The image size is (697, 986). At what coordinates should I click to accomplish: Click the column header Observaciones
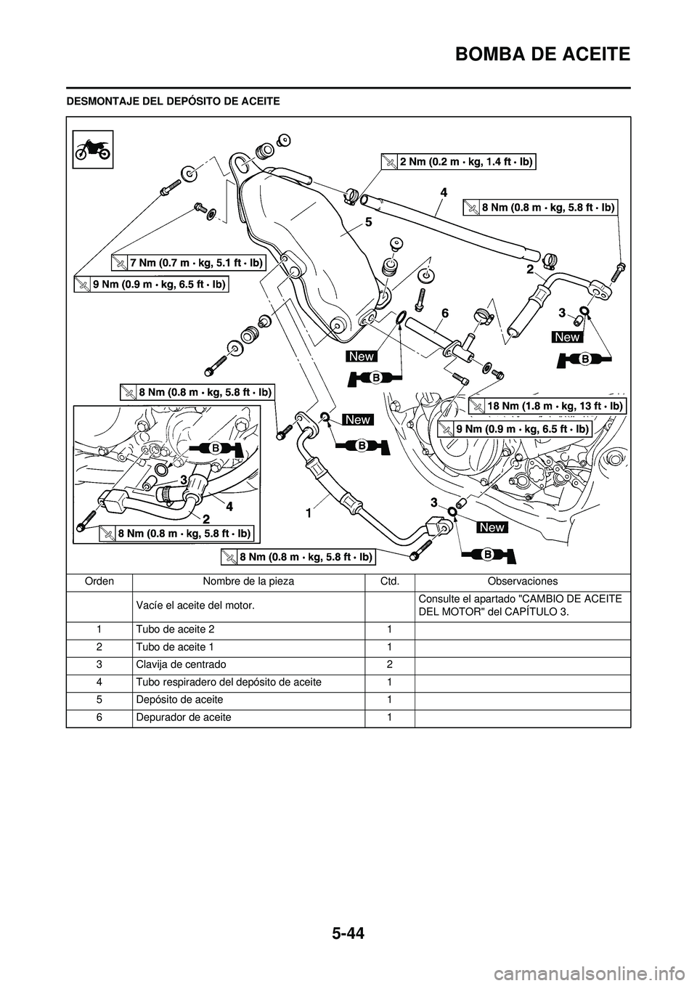[522, 581]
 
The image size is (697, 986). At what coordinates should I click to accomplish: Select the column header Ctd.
[390, 581]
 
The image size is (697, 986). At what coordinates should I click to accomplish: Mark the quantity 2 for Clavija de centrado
[390, 664]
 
